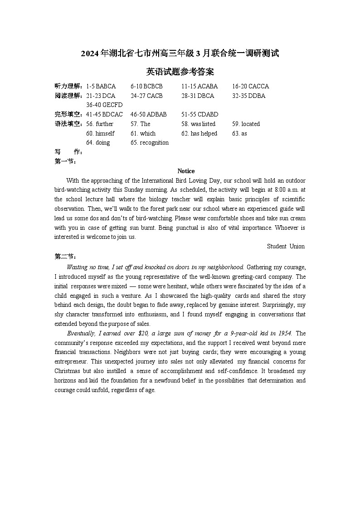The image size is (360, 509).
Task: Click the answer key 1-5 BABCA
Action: coord(101,86)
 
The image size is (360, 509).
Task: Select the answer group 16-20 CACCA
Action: coord(250,86)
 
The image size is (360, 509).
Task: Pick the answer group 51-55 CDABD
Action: coord(199,115)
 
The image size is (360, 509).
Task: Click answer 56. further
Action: coord(100,124)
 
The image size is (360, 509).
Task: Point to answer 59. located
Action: coord(246,124)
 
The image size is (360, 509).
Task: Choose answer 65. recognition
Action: coord(150,142)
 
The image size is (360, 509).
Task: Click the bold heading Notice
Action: coord(186,171)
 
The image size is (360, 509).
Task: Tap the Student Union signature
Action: coord(286,246)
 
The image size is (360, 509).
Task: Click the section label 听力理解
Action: coord(68,86)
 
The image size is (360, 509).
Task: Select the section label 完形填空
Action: coord(68,115)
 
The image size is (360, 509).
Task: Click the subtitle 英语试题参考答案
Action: coord(180,72)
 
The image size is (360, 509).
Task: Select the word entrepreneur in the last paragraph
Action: coord(71,362)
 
